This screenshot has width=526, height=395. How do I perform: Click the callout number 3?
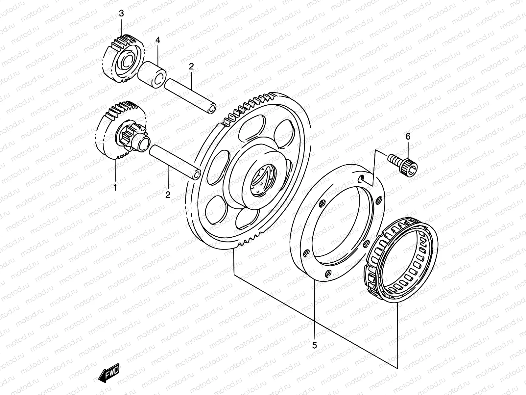(121, 14)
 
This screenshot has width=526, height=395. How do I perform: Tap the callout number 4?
(158, 40)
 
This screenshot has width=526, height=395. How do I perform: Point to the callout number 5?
(315, 345)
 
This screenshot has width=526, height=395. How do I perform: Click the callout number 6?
(408, 136)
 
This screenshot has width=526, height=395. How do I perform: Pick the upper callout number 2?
(191, 66)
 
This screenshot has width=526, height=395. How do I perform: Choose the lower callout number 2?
(168, 195)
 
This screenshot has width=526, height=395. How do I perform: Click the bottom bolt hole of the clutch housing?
(329, 273)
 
